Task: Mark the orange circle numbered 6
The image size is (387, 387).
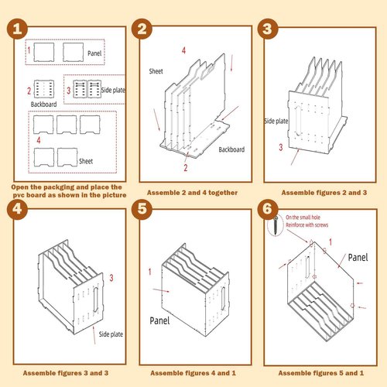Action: pos(267,209)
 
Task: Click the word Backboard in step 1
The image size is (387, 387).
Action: pos(44,103)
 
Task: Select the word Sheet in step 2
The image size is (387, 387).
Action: pos(157,70)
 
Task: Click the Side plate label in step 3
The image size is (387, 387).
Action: pos(276,122)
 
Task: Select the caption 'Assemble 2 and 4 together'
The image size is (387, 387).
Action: pos(192,192)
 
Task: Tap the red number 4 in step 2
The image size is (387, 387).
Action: pos(183,50)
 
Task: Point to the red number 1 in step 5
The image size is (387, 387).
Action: pos(149,271)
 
